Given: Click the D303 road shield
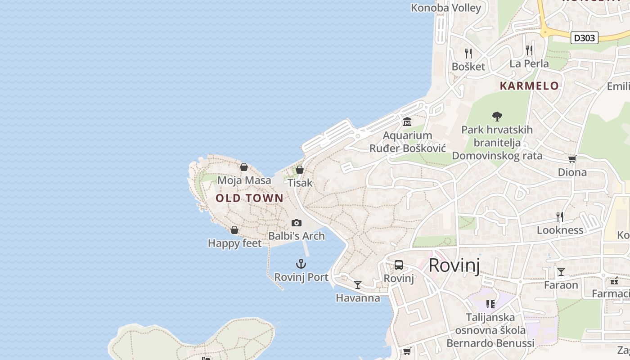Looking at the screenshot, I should click(585, 38).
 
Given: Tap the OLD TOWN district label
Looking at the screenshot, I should click(249, 198).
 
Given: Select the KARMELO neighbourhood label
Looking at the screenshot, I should click(529, 86).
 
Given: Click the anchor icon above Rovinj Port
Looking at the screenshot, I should click(301, 264).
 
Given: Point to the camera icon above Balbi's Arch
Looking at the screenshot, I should click(296, 223).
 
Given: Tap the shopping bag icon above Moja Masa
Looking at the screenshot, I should click(244, 167).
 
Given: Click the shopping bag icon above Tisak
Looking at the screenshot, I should click(299, 170).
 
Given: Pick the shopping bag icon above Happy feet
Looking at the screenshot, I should click(234, 230).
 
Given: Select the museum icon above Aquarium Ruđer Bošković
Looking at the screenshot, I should click(407, 122).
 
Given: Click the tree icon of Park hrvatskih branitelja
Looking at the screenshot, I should click(497, 117).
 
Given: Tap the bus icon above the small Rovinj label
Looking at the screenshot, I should click(399, 265).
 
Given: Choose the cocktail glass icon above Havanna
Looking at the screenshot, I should click(358, 284).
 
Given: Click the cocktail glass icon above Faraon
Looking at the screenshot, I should click(561, 271).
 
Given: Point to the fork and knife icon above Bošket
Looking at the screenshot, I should click(468, 54).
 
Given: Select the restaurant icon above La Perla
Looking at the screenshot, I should click(529, 50).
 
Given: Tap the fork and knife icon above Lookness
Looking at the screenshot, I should click(560, 216).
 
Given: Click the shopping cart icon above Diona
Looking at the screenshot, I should click(572, 159).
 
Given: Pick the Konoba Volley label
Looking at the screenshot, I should click(446, 8).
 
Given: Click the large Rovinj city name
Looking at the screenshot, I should click(454, 265).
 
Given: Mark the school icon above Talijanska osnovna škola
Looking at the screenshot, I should click(490, 304).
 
